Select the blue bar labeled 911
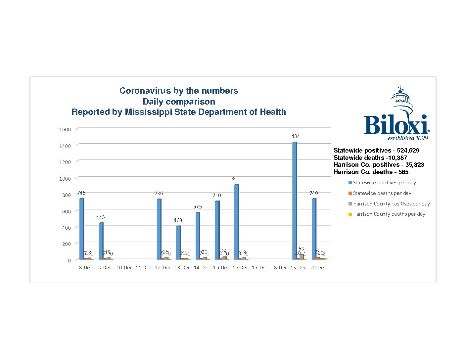coord(236,222)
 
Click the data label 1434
coord(294,136)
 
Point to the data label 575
coord(198,206)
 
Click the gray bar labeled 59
coord(302,256)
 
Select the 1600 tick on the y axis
coord(65,129)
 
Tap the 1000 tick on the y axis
coord(65,179)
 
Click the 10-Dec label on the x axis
coord(124,268)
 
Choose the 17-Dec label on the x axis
coord(260,268)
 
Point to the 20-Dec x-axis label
coord(318,268)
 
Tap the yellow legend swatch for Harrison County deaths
coord(350,214)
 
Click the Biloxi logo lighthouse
coord(402,101)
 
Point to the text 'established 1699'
coord(408,138)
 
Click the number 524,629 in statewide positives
coord(408,151)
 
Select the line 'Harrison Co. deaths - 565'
coord(371,172)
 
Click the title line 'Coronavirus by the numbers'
coord(179,91)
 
